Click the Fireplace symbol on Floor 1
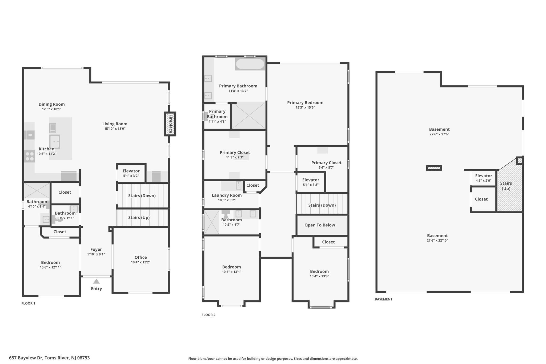click(170, 124)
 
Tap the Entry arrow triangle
click(96, 281)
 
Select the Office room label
click(140, 257)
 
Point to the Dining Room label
click(52, 104)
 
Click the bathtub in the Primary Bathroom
click(250, 64)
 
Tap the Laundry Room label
click(227, 195)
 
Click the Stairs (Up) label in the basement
click(506, 186)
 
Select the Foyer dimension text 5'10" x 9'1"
click(96, 254)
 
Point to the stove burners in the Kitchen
click(30, 156)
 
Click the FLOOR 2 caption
click(208, 315)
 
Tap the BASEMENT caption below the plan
click(384, 299)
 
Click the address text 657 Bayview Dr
click(26, 358)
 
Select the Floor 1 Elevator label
click(131, 171)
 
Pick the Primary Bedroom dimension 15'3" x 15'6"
click(305, 107)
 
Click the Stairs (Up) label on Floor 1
click(139, 218)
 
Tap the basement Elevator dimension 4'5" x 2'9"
click(484, 181)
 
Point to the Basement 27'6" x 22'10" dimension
click(437, 240)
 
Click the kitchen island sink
click(55, 142)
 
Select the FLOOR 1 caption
click(28, 303)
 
